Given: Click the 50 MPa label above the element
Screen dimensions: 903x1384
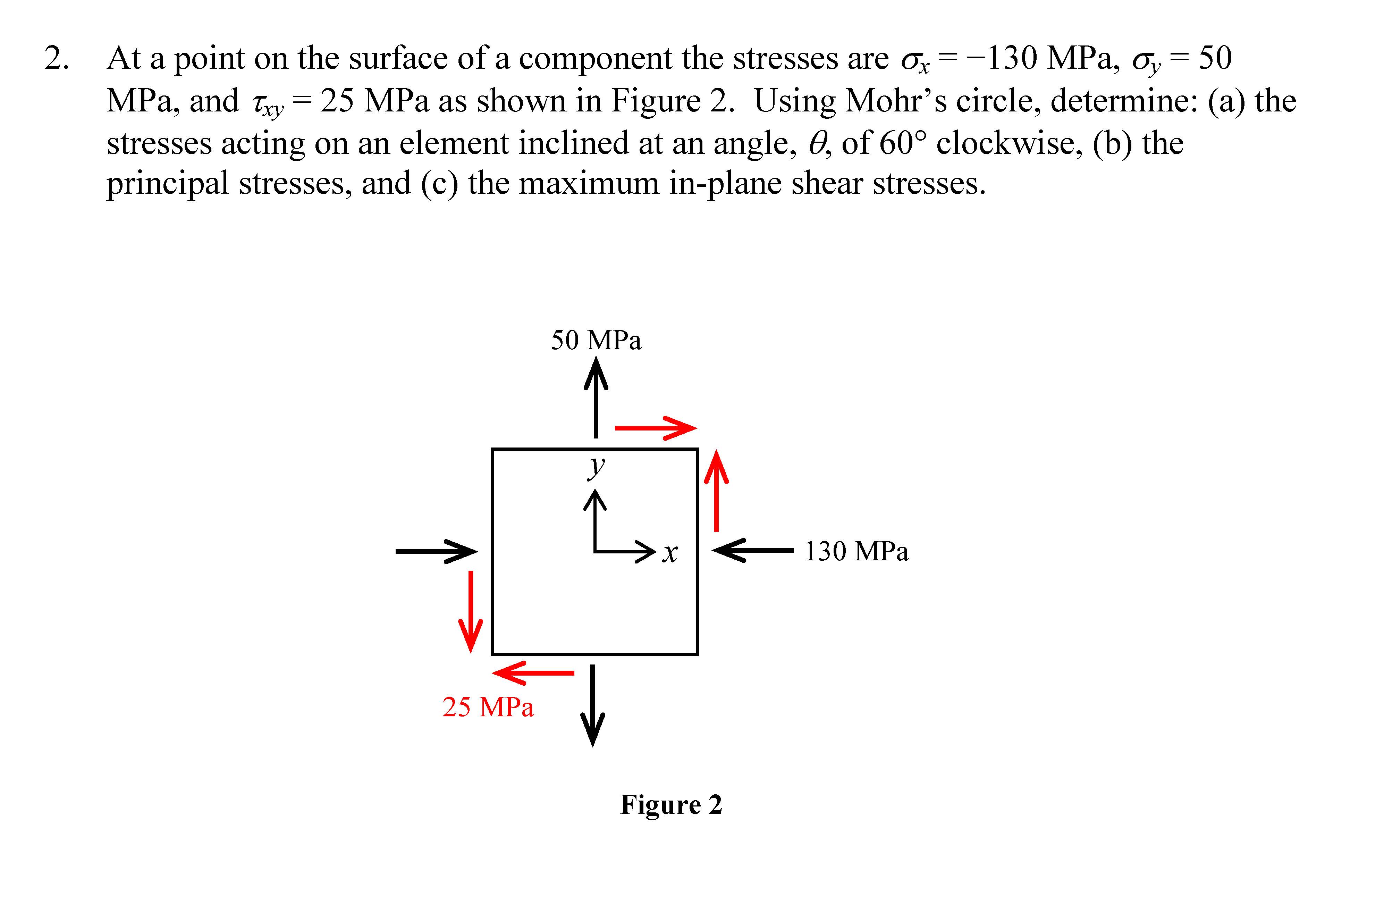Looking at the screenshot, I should pos(596,340).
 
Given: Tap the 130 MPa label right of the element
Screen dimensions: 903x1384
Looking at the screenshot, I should pos(856,552).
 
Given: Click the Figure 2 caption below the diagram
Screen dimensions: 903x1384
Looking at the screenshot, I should pos(671,805).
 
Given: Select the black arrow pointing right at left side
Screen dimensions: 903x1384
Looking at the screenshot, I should pos(436,551).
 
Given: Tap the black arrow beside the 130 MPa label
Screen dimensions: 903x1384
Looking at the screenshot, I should pos(753,550).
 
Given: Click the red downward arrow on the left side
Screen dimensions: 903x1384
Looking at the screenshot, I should pos(471,611).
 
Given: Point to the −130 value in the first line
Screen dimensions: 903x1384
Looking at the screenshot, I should pos(1001,58).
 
